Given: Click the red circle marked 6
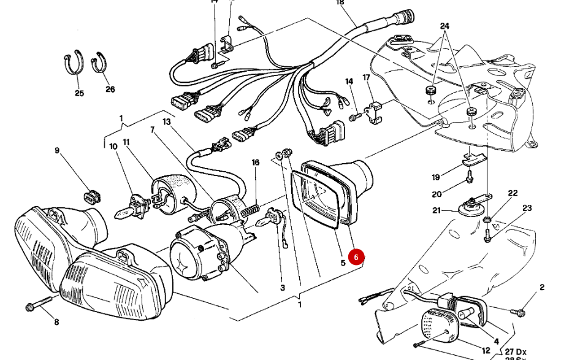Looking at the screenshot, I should pos(356,258).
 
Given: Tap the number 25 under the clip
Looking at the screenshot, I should pos(79,93).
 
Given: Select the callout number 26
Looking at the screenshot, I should pos(110,89).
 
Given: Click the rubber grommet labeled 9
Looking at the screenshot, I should pos(91,196).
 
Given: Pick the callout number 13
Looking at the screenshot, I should pos(166,122).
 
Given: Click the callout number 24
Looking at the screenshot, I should pos(444,26).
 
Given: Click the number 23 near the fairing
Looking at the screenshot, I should pos(527,209).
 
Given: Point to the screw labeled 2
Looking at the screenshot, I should pos(519,313).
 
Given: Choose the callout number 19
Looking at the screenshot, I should pos(436,178).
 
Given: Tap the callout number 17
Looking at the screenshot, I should pos(367,78).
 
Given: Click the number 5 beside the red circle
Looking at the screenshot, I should pos(343,263).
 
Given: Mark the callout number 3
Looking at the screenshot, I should pos(283,287).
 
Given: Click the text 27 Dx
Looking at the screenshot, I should pos(517,351).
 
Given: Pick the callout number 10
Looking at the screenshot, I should pos(113,147).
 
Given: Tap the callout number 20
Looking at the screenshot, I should pos(437,194).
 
